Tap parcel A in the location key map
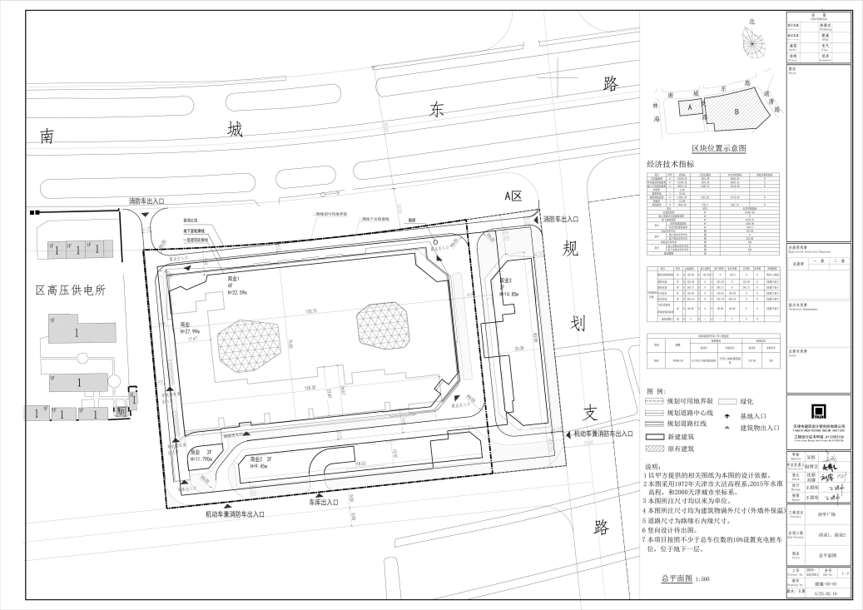coord(688,107)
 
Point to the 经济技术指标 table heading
coord(670,165)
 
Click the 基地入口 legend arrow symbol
coord(729,414)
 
